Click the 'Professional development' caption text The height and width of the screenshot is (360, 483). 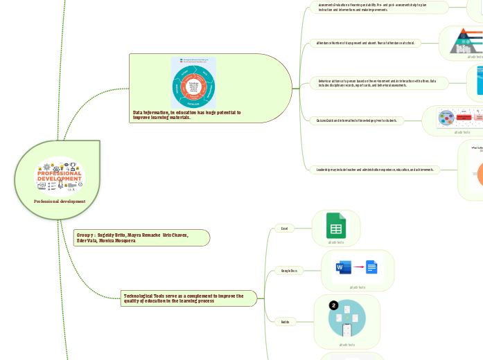60,201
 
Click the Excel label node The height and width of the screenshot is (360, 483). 283,228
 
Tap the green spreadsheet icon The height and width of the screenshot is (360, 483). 336,226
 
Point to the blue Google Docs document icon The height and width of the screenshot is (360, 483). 371,267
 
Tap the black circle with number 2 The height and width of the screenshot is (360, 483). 333,305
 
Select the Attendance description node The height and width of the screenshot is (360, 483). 365,43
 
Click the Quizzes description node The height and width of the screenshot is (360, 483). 357,120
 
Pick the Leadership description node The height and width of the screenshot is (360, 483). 374,169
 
